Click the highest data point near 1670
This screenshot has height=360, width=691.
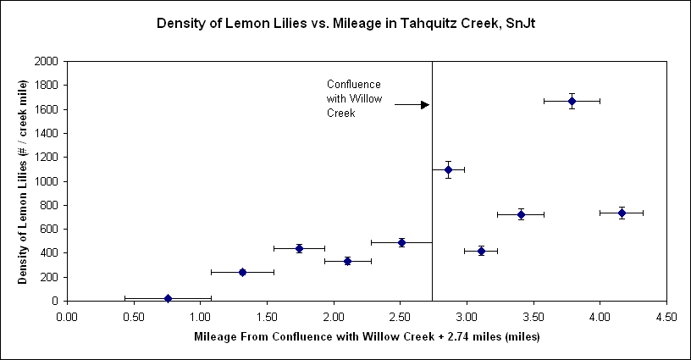(572, 101)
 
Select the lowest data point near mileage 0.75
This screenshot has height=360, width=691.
(168, 298)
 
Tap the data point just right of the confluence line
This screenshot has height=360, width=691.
(449, 169)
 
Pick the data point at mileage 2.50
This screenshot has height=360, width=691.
(401, 242)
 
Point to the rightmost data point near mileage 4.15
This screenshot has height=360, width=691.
(622, 213)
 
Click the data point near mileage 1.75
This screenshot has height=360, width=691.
(299, 248)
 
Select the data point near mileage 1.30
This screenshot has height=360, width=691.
(242, 272)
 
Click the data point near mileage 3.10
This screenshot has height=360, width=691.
(481, 251)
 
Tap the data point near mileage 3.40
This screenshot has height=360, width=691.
(521, 214)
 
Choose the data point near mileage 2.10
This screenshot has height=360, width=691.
(347, 261)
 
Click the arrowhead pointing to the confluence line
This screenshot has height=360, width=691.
(425, 104)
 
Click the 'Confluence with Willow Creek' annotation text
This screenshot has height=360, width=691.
(354, 98)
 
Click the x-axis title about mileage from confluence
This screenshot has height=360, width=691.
(367, 336)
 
